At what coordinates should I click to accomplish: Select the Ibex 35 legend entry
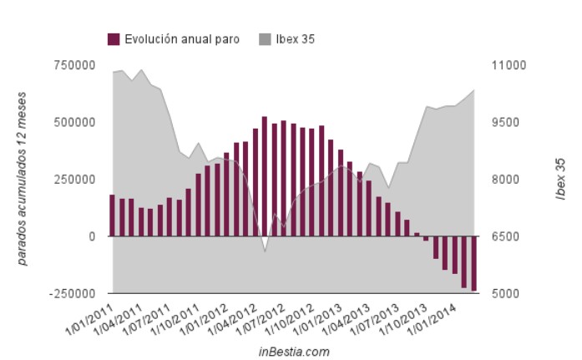pos(294,38)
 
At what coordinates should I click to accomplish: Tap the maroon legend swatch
pos(114,38)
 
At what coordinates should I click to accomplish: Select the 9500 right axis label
pos(503,122)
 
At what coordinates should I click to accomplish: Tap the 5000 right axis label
pos(503,294)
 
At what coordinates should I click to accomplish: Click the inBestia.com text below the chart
pos(294,352)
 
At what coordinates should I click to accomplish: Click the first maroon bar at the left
pos(113,215)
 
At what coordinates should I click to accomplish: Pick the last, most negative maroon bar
pos(473,263)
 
